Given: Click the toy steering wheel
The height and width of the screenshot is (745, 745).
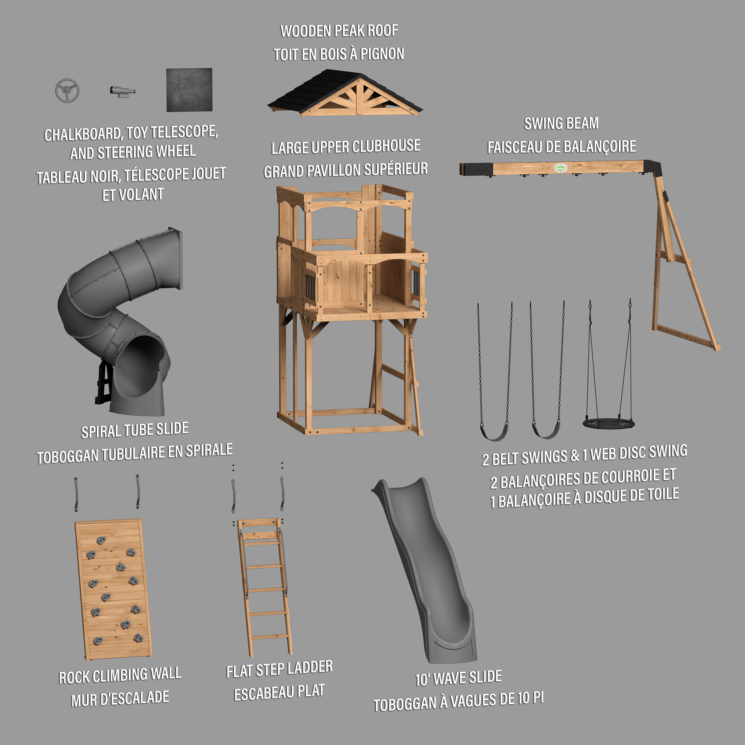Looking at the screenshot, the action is (67, 90).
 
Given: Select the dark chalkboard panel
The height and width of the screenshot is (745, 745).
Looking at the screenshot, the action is (189, 90).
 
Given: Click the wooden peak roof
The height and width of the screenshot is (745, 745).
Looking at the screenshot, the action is (345, 93).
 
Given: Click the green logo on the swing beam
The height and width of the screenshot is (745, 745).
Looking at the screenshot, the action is (560, 168).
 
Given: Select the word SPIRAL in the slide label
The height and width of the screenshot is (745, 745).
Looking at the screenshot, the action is (100, 432).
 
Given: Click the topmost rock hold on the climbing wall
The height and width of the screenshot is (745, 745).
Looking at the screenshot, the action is (101, 540).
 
